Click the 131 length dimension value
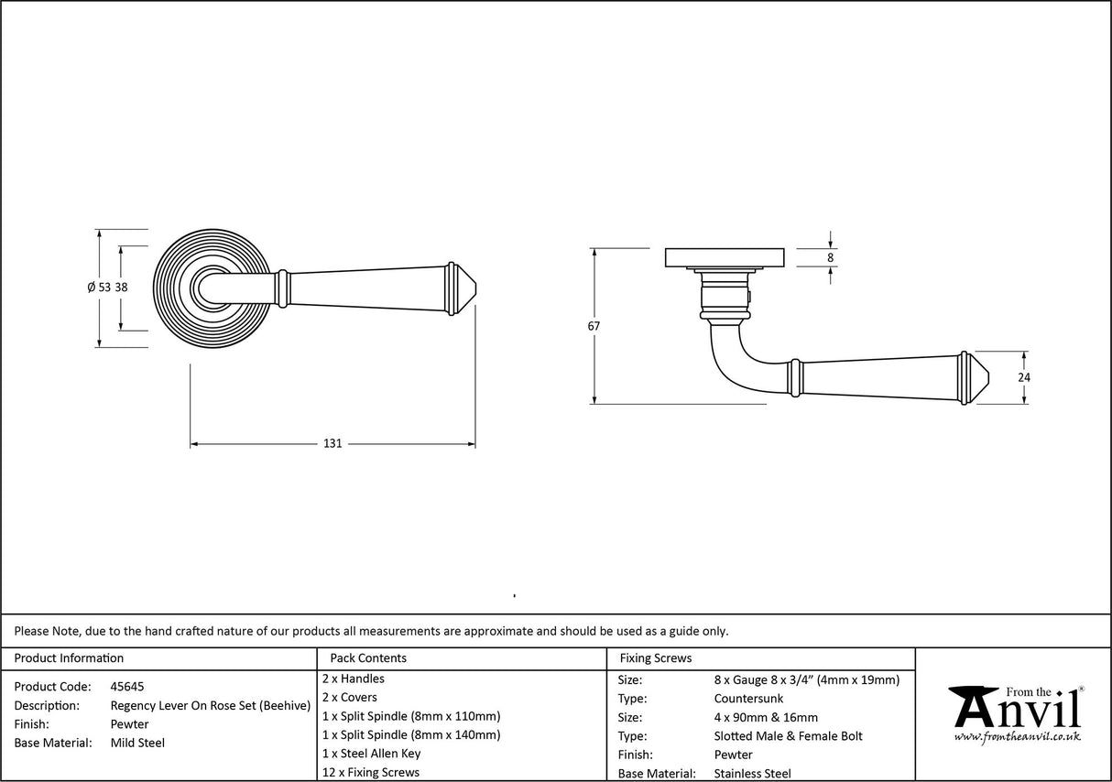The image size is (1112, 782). click(333, 444)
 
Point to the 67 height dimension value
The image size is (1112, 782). click(594, 326)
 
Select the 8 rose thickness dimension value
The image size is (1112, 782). click(830, 258)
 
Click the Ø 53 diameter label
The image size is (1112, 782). click(99, 288)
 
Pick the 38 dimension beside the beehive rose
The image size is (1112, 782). click(121, 288)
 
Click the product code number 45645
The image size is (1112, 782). click(126, 686)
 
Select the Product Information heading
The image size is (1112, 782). click(69, 657)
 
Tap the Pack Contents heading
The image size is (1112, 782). click(368, 657)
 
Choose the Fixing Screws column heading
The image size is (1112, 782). click(656, 657)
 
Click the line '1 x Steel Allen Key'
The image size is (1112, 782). click(371, 754)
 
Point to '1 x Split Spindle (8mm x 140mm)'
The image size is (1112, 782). click(411, 734)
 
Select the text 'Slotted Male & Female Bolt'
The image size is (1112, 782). click(788, 736)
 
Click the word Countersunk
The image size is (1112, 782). click(748, 699)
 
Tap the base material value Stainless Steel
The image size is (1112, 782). click(752, 774)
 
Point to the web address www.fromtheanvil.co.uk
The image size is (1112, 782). click(1017, 737)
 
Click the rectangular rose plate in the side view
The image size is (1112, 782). click(724, 257)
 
